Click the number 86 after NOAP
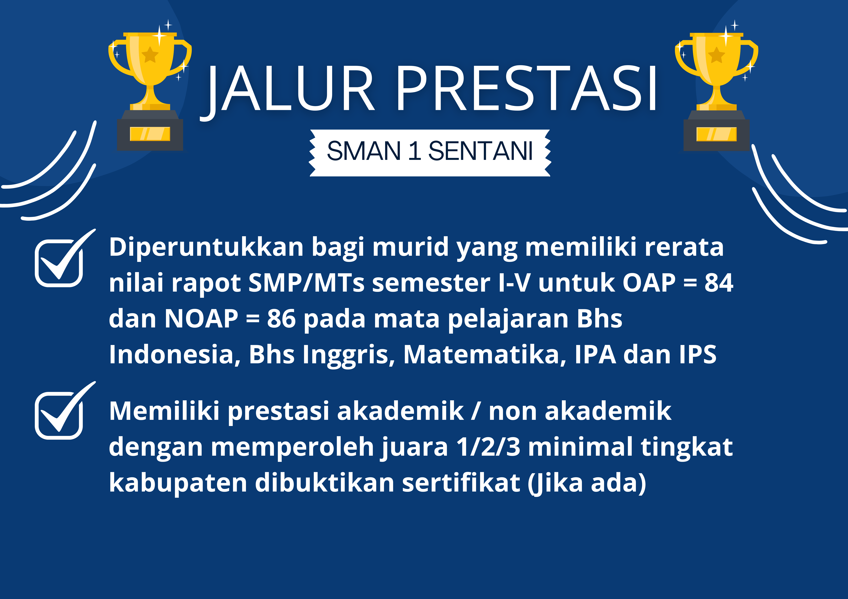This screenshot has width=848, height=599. pos(281,319)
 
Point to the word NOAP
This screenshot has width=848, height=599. pos(201,319)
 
